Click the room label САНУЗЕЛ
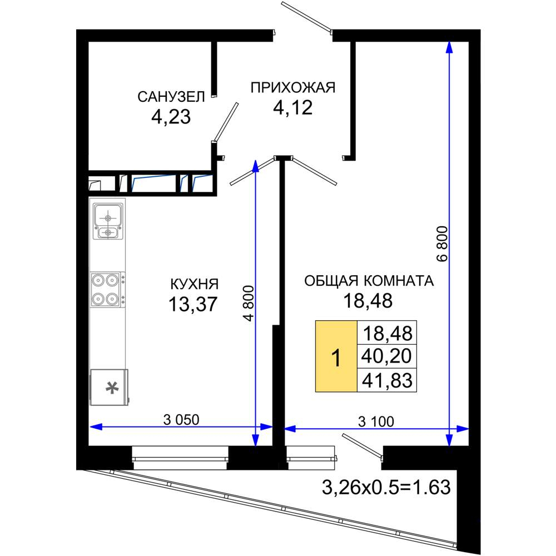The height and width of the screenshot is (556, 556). click(171, 97)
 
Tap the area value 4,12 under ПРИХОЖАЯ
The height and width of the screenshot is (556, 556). click(293, 107)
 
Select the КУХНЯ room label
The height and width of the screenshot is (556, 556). click(195, 284)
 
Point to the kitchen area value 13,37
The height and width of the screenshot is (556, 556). click(193, 304)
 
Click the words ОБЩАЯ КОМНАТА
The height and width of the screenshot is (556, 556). click(369, 281)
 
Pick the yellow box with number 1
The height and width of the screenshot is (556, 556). click(336, 356)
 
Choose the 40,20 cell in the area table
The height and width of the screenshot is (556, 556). click(387, 356)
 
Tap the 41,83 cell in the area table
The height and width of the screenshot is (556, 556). click(387, 380)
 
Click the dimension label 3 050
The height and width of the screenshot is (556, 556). click(181, 420)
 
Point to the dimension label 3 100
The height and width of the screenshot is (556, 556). click(376, 421)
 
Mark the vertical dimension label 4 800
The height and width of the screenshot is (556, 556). click(249, 303)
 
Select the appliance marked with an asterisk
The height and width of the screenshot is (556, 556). click(109, 387)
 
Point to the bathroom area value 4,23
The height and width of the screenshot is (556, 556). click(171, 117)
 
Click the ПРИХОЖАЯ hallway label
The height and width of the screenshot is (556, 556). click(293, 87)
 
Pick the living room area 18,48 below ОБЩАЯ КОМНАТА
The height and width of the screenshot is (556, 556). click(368, 301)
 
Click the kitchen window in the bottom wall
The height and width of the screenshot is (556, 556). click(180, 458)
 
